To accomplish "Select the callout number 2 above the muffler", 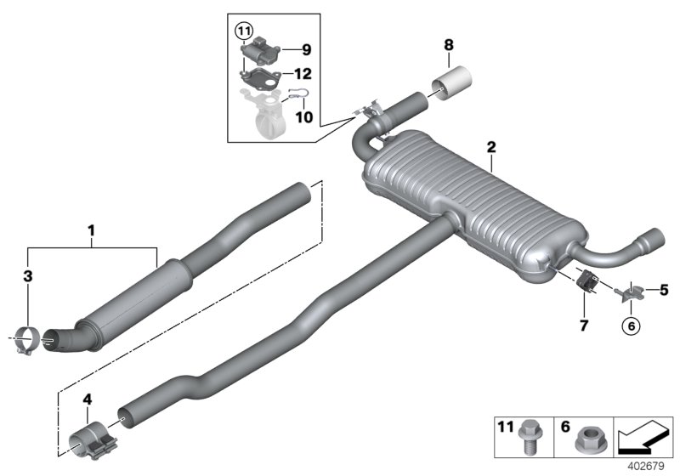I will (x=491, y=148).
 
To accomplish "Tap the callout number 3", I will (x=27, y=276).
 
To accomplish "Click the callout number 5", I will (x=664, y=289).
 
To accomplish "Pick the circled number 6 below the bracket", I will (x=631, y=324).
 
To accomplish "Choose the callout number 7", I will (x=582, y=325).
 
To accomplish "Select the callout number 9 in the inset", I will (x=306, y=49).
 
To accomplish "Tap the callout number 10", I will (x=303, y=116).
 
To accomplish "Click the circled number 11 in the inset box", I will (x=246, y=33).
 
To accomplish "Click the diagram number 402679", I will (x=648, y=467).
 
